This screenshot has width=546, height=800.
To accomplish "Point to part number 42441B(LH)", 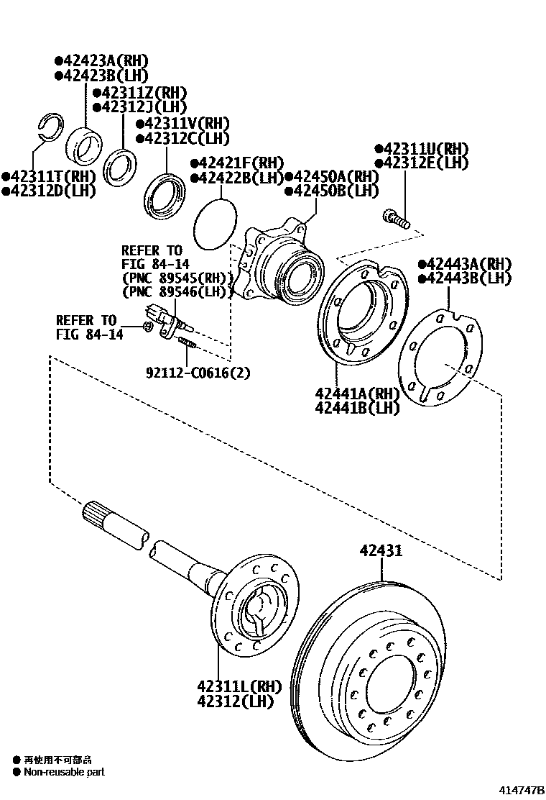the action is pyautogui.click(x=357, y=408).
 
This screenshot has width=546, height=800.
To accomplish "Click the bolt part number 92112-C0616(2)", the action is pyautogui.click(x=198, y=373).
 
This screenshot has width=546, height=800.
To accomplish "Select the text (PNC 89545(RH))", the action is pyautogui.click(x=177, y=278).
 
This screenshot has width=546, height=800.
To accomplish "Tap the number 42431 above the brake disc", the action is pyautogui.click(x=381, y=551).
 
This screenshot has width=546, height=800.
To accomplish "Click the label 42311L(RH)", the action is pyautogui.click(x=239, y=687).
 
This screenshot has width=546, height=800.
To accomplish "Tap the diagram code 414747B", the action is pyautogui.click(x=521, y=791).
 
